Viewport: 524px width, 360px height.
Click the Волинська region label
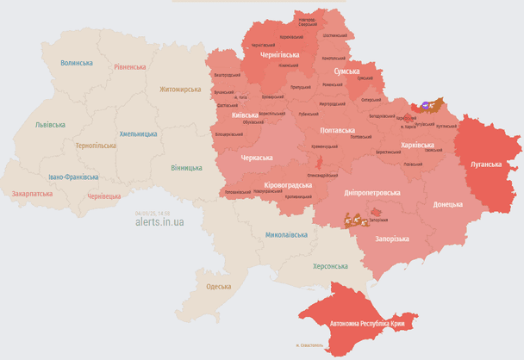click(x=77, y=63)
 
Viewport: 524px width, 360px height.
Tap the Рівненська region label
click(x=129, y=66)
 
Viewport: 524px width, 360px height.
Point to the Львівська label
click(x=49, y=124)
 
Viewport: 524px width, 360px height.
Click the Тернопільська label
click(x=95, y=146)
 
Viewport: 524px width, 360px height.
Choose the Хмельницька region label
click(x=138, y=133)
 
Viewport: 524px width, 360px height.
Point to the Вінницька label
click(x=186, y=167)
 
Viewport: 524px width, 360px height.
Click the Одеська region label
click(x=218, y=286)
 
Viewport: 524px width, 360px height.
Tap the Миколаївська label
click(x=287, y=234)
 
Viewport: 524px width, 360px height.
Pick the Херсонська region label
click(x=330, y=266)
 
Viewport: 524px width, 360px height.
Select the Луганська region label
click(x=486, y=163)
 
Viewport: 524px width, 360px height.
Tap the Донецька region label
click(x=447, y=204)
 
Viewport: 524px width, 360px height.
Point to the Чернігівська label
click(x=280, y=54)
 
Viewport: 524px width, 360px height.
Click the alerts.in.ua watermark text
click(x=159, y=221)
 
